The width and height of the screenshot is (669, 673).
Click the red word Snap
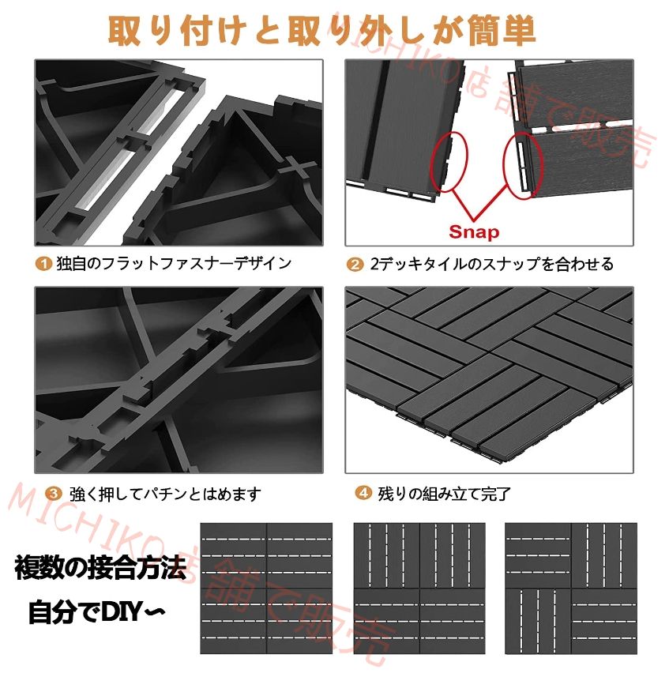click(475, 232)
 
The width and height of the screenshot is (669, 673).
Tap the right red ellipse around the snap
click(522, 163)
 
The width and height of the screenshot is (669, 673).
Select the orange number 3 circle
click(52, 494)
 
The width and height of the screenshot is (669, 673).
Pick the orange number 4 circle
click(363, 494)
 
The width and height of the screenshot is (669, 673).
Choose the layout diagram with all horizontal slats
click(266, 588)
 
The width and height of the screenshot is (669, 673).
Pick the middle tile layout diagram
click(419, 588)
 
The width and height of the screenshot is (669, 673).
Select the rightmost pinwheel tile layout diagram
click(570, 588)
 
